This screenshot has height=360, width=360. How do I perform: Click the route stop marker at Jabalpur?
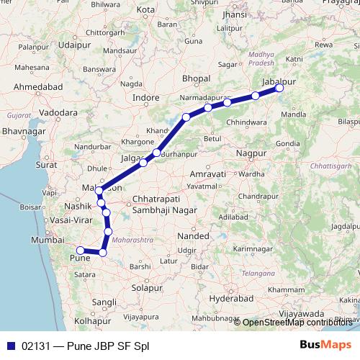[280, 89]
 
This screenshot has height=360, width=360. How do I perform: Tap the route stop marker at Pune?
[80, 251]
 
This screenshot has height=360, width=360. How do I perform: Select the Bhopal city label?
[196, 78]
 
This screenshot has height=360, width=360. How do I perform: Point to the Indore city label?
[146, 96]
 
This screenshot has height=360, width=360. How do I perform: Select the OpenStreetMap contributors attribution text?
[297, 322]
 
